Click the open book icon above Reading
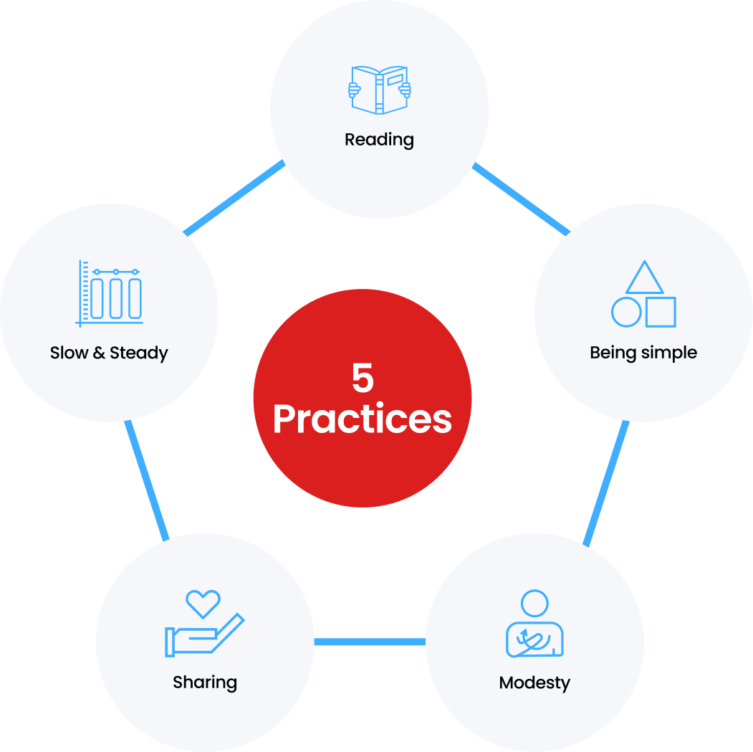click(x=380, y=90)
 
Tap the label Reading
click(x=379, y=140)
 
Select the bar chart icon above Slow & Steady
click(x=110, y=294)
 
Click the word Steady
click(x=139, y=353)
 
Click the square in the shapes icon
click(x=661, y=312)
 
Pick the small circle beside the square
click(x=626, y=312)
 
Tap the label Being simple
click(x=643, y=353)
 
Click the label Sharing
click(x=205, y=682)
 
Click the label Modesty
click(x=534, y=682)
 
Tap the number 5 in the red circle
click(x=363, y=378)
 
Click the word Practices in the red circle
click(x=363, y=419)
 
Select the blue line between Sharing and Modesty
click(x=370, y=642)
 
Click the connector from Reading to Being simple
click(x=521, y=199)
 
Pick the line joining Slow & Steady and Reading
click(x=234, y=198)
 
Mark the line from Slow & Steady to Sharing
click(x=146, y=480)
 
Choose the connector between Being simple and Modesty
click(x=606, y=483)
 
